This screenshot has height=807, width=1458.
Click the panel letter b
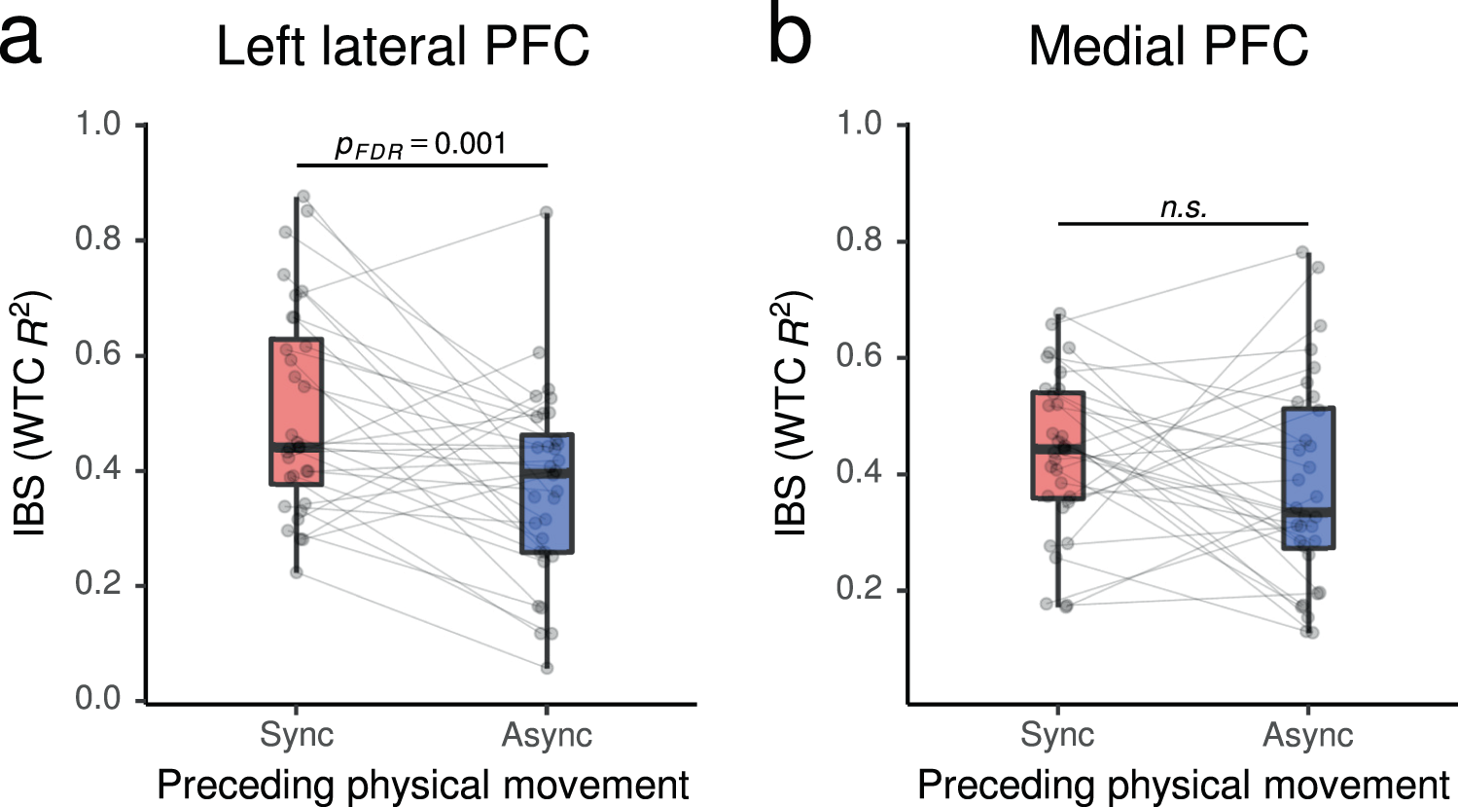(789, 39)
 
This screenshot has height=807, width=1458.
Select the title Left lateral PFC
(403, 47)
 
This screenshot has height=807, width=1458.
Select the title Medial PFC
(1168, 47)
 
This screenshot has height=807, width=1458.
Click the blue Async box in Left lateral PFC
(547, 493)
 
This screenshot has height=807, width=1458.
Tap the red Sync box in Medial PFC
(1058, 445)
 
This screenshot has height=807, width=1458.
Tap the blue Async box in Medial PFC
(1307, 477)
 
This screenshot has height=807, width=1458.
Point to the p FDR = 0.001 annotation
(421, 145)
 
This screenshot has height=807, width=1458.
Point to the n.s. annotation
(1183, 206)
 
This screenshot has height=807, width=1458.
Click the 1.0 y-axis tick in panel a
(98, 125)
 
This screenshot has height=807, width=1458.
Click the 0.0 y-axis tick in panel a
(98, 699)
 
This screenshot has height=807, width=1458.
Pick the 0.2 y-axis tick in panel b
(859, 590)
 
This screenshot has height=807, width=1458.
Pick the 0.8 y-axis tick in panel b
(859, 240)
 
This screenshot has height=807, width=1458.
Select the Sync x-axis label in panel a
(296, 735)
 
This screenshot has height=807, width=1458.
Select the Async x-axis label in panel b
(1307, 735)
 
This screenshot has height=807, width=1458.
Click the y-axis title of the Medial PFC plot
(792, 413)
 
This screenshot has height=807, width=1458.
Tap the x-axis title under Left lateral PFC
(423, 785)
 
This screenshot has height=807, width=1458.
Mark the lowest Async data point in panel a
(547, 667)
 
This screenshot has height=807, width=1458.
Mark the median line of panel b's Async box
(1307, 510)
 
